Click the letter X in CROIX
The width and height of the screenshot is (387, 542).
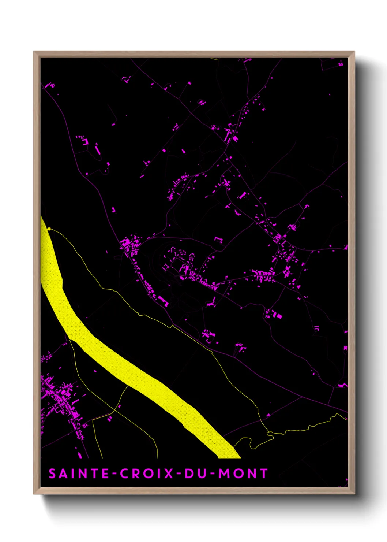click(x=169, y=474)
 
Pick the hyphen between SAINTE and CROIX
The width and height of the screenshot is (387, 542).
click(x=115, y=474)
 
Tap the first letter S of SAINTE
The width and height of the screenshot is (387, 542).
click(x=52, y=474)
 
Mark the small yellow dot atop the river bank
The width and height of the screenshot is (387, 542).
click(x=49, y=229)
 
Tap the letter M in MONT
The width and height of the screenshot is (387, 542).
click(x=224, y=474)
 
